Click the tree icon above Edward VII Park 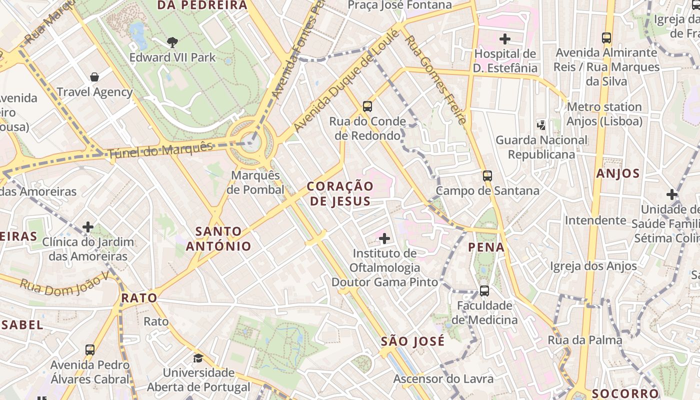pos(172,42)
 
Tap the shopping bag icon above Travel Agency pos(94,77)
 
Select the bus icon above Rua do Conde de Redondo pos(367,106)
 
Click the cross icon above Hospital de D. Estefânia pos(505,38)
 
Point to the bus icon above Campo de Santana pos(487,176)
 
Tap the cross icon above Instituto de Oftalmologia pos(384,238)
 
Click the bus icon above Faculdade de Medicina pos(484,290)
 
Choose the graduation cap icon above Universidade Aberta pos(198,358)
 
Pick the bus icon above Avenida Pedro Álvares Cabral pos(90,350)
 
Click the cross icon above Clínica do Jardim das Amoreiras pos(88,227)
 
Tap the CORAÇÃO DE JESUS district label pos(340,193)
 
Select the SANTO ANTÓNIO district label pos(218,238)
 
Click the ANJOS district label pos(618,173)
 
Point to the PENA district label pos(486,247)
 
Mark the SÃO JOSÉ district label pos(412,341)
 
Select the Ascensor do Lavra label pos(443,378)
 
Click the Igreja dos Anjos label pos(593,266)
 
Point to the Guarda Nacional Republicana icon pos(540,124)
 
